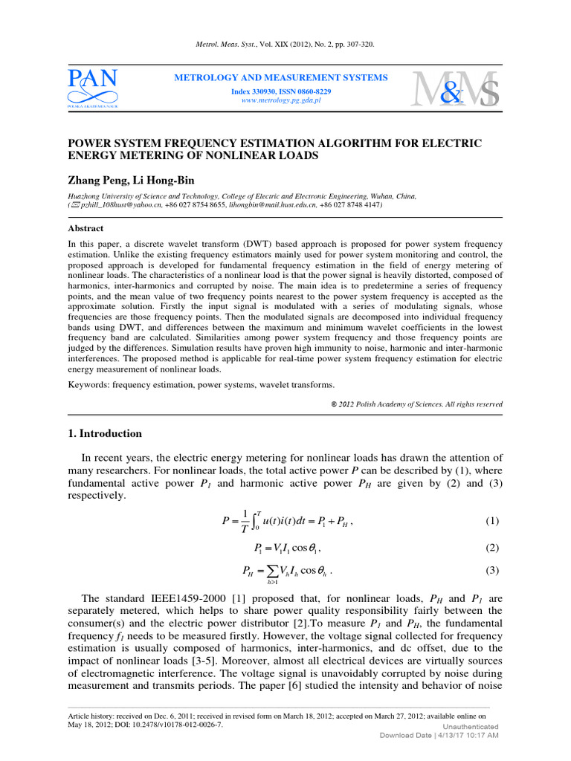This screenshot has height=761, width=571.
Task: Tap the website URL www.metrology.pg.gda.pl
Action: tap(281, 100)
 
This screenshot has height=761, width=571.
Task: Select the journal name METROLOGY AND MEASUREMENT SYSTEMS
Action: tap(280, 78)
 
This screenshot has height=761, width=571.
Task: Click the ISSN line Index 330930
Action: tap(280, 91)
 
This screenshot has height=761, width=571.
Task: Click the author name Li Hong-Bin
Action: tap(165, 179)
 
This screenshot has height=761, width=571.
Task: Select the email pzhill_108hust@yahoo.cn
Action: tap(120, 204)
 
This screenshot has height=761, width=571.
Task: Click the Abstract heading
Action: tap(86, 228)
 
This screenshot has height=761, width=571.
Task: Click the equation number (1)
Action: tap(493, 521)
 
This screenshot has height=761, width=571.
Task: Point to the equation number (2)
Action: tap(493, 548)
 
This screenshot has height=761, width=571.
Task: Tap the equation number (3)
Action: tap(493, 571)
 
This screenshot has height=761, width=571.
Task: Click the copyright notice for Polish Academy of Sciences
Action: tap(416, 404)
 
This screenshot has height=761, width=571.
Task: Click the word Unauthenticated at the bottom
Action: tap(470, 726)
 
